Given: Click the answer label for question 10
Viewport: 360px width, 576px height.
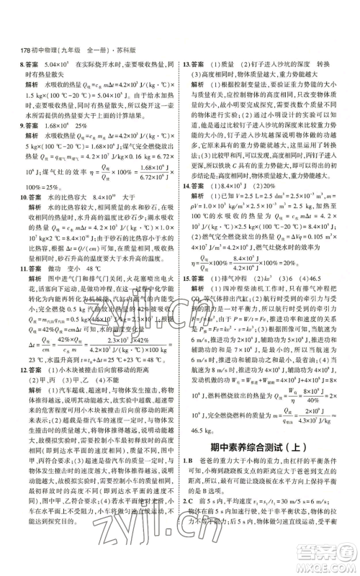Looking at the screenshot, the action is tap(35, 197).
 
